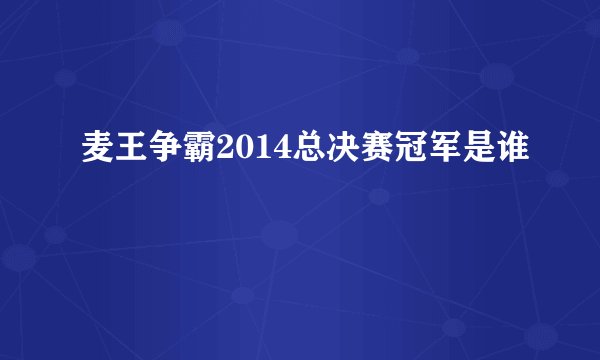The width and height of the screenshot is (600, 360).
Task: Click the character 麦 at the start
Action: [97, 152]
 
